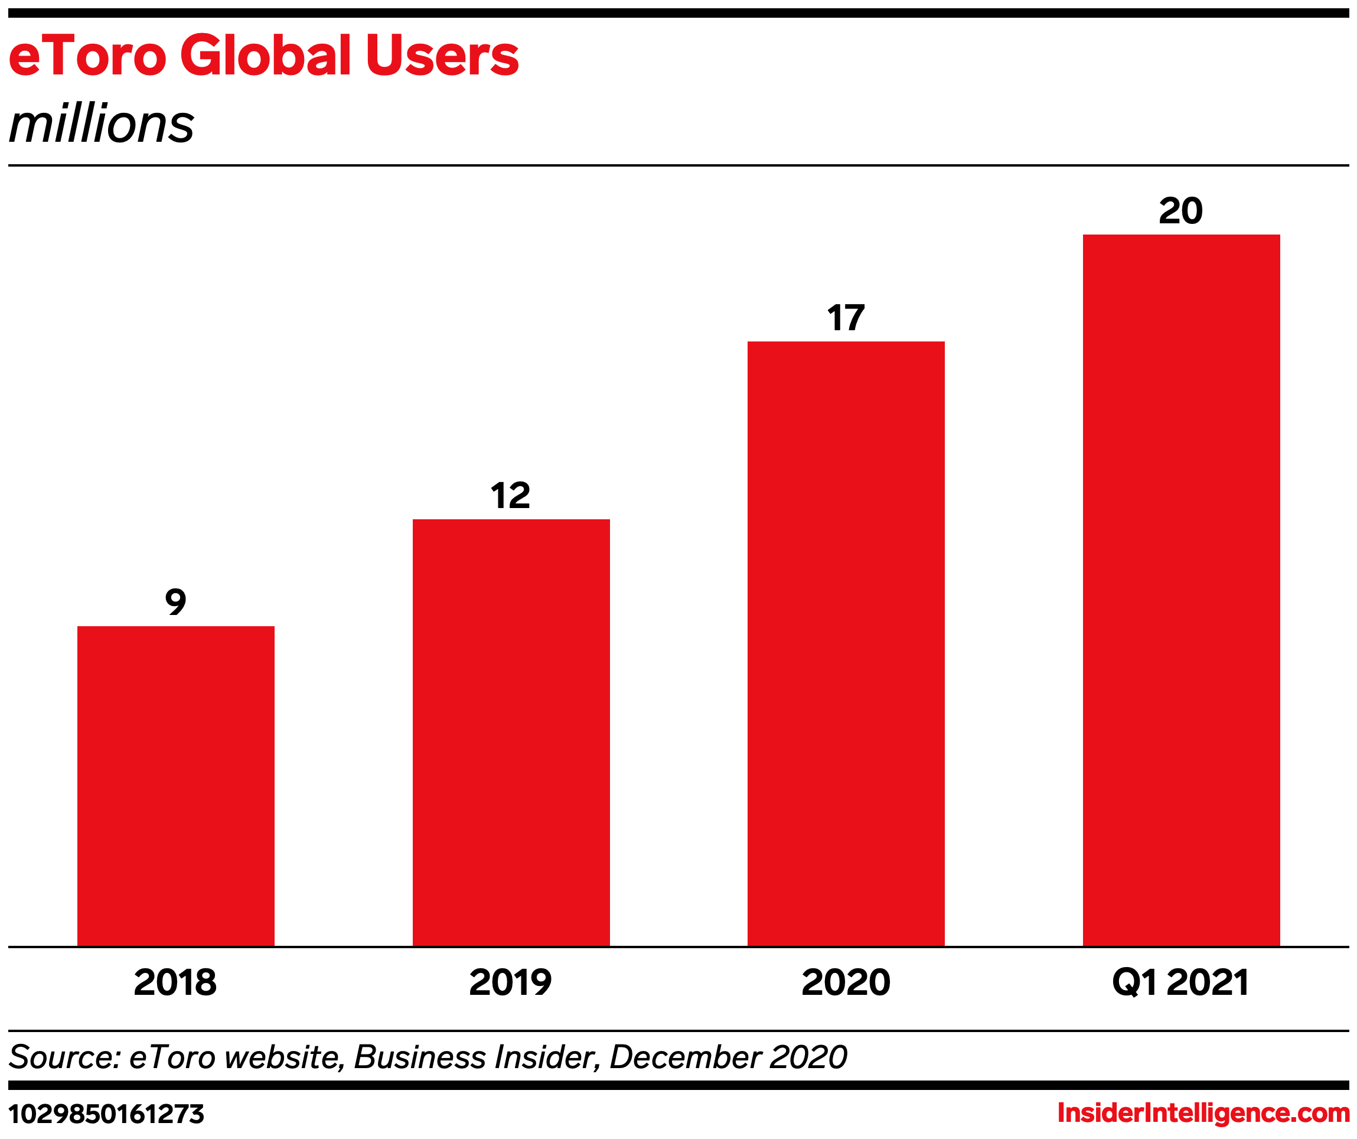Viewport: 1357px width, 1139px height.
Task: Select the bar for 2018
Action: [x=176, y=785]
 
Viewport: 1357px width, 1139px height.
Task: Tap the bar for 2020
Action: [x=846, y=643]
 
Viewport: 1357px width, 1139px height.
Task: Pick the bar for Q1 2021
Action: [x=1181, y=590]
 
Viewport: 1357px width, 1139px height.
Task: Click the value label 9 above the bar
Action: [x=176, y=602]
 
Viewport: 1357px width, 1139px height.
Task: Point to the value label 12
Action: [x=510, y=496]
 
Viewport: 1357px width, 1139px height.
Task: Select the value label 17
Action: [x=846, y=318]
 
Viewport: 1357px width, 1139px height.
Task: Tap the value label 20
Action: [x=1180, y=211]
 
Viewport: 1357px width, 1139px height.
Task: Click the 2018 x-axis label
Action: [x=175, y=982]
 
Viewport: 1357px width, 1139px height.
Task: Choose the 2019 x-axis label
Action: [x=510, y=982]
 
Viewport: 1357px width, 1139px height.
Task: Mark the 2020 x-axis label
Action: [x=846, y=982]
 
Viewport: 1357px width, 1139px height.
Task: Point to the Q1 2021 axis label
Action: [x=1180, y=982]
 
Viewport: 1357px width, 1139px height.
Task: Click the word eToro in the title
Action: [x=88, y=55]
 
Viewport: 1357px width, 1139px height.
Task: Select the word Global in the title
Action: [x=266, y=55]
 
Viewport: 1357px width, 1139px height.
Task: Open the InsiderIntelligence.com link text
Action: [x=1203, y=1112]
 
